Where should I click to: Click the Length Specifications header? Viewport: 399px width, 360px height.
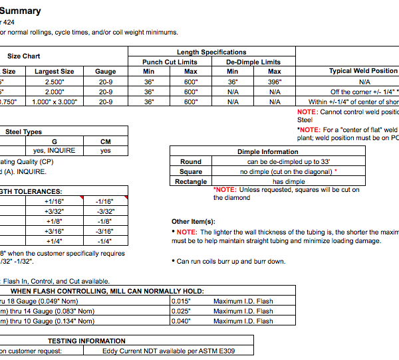point(211,52)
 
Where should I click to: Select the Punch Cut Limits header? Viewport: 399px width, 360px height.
point(170,62)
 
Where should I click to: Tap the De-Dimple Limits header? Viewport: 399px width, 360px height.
point(253,62)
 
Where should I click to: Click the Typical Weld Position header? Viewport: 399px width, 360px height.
point(363,71)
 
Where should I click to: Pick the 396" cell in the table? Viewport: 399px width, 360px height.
point(275,82)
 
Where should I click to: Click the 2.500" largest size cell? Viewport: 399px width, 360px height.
point(55,82)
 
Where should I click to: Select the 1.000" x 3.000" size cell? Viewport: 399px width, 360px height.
point(55,102)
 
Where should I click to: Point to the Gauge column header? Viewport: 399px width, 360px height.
point(106,71)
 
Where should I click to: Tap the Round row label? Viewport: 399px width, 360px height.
point(191,161)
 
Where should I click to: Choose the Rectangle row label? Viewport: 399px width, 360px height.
point(191,181)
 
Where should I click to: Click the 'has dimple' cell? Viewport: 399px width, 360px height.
point(288,181)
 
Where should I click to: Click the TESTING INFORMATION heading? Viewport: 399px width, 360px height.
point(86,341)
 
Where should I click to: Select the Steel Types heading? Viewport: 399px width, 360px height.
point(24,132)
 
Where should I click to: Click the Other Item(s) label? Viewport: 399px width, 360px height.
point(194,221)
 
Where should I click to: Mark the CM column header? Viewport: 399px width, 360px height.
point(106,141)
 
